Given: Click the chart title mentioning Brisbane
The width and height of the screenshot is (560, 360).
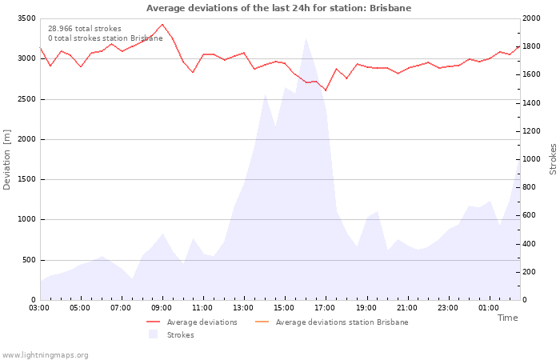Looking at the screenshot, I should (x=278, y=8).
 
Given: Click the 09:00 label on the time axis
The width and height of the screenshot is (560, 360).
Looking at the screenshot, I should (x=162, y=308).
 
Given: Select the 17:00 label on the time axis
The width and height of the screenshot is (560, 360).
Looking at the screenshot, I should (x=325, y=308).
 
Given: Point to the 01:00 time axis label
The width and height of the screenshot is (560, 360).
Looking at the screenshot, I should (x=488, y=308).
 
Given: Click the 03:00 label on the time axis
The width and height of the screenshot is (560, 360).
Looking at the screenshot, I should (x=40, y=308).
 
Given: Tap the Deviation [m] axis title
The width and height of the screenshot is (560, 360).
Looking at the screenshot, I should (x=8, y=159).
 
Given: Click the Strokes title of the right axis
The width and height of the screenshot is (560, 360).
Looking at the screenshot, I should (x=553, y=159).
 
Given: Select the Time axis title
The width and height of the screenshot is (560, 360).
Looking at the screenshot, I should (x=507, y=318).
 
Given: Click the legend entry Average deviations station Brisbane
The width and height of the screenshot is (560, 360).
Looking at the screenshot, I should (x=342, y=322).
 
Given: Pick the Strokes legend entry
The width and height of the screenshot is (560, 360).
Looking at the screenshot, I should (x=180, y=335).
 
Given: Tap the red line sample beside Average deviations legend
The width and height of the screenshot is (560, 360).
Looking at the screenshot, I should (x=154, y=322).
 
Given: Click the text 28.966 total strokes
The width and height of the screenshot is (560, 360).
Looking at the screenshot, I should (x=85, y=29).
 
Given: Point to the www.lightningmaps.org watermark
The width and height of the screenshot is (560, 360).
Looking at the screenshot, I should (x=46, y=354).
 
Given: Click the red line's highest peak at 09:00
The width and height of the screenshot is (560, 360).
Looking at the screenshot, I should (x=162, y=24).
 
